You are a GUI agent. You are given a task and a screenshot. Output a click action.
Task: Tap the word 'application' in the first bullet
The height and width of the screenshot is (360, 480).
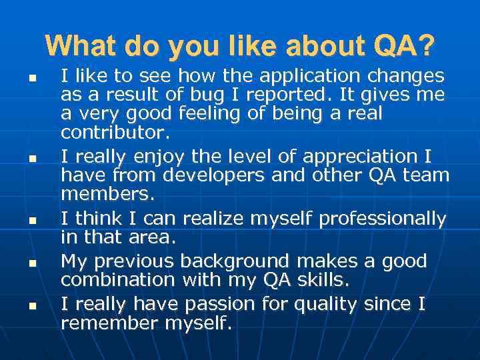(301, 75)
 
